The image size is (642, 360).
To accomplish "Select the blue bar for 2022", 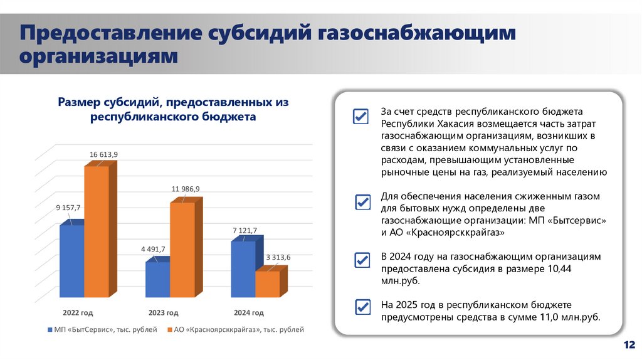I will point(71,260).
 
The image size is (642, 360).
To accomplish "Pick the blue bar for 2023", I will point(157,279).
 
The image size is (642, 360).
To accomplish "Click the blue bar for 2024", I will point(243,268).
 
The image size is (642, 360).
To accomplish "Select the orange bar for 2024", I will point(268,283).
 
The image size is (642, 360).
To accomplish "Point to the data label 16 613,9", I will point(103,154).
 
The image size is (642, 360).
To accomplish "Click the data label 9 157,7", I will point(68,207).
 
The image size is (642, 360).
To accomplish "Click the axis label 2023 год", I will point(163,312).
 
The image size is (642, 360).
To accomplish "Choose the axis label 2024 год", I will point(249,312).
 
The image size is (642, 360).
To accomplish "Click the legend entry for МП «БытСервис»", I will point(102,329).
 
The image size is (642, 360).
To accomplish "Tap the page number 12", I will point(629,345).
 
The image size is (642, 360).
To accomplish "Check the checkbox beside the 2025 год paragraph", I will point(362,307).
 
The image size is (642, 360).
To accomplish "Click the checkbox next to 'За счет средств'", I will point(360,117).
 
